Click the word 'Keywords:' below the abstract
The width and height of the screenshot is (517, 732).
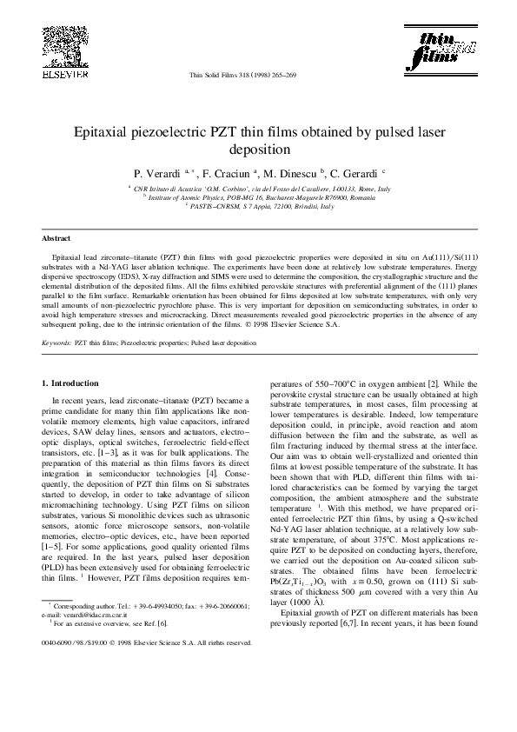(x=57, y=343)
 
